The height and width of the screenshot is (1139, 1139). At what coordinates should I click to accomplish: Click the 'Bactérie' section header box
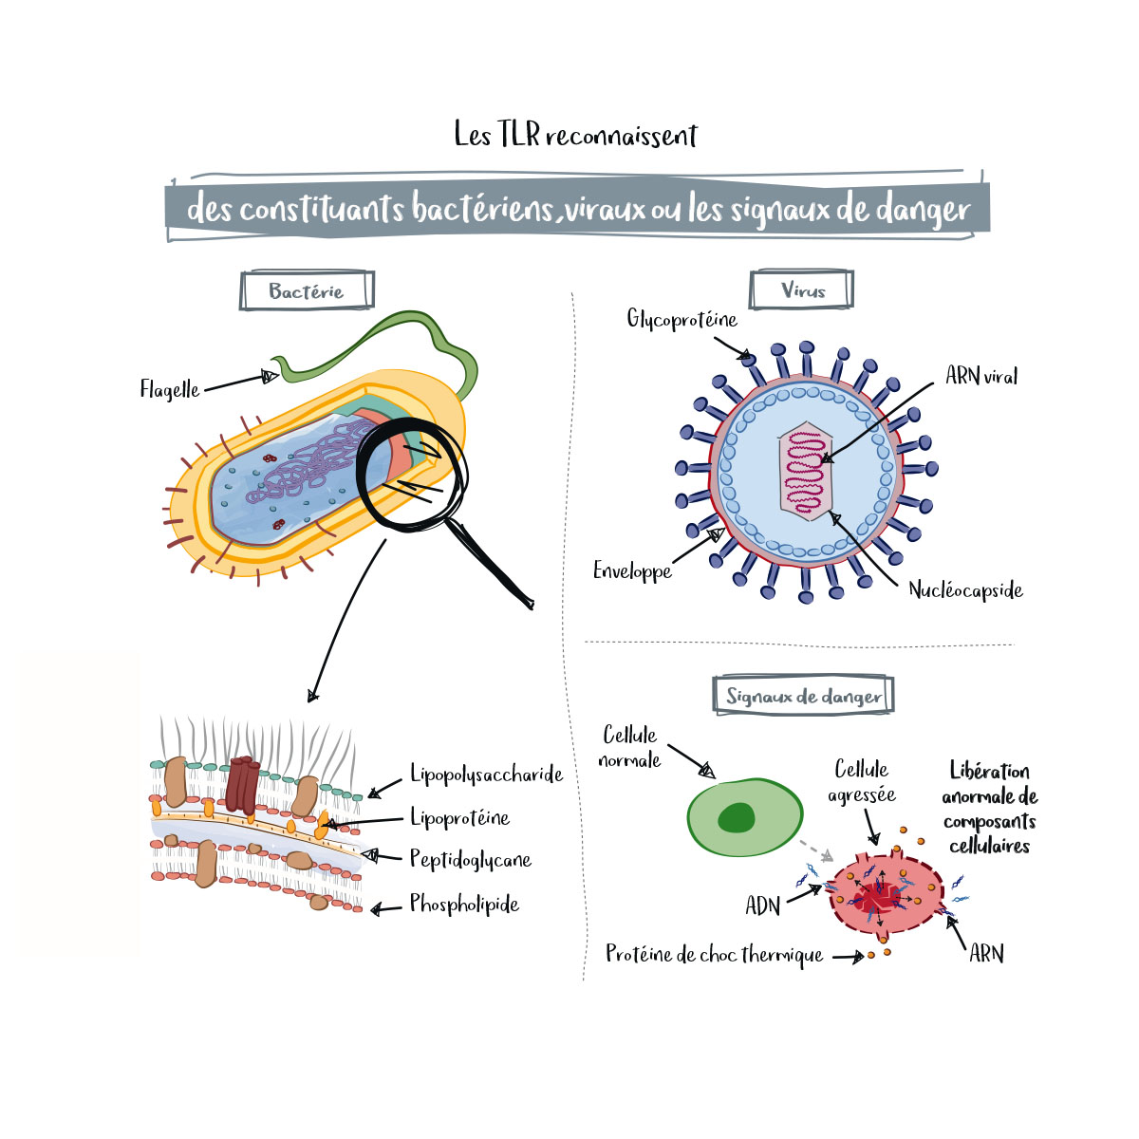pos(307,291)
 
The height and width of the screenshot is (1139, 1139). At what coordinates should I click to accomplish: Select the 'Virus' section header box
pos(802,290)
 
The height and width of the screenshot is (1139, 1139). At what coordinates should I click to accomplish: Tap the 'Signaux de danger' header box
pos(803,696)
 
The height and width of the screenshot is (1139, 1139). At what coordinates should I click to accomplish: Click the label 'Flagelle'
pos(170,389)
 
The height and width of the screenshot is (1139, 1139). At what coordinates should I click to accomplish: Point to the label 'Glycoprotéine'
pos(682,319)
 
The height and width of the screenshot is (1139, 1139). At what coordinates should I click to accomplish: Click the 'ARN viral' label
pos(980,376)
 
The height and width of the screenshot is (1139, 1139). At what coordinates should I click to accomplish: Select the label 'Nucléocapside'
pos(965,590)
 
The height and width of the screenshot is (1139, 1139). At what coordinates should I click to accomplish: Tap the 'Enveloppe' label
pos(632,570)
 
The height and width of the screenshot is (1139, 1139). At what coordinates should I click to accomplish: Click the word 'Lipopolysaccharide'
pos(486,775)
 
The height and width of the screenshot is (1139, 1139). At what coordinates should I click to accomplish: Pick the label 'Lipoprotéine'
pos(459,817)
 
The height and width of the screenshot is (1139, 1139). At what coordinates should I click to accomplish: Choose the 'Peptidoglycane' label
pos(470,860)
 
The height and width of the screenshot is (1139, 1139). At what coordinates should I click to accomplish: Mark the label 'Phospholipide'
pos(464,904)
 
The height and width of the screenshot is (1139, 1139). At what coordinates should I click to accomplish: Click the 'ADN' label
pos(763,906)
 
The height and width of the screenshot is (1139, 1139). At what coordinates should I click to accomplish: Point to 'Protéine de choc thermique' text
pos(715,955)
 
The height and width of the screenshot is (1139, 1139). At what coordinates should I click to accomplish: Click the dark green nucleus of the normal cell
pos(737,817)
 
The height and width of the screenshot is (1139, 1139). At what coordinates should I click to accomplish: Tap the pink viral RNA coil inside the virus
pos(805,472)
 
